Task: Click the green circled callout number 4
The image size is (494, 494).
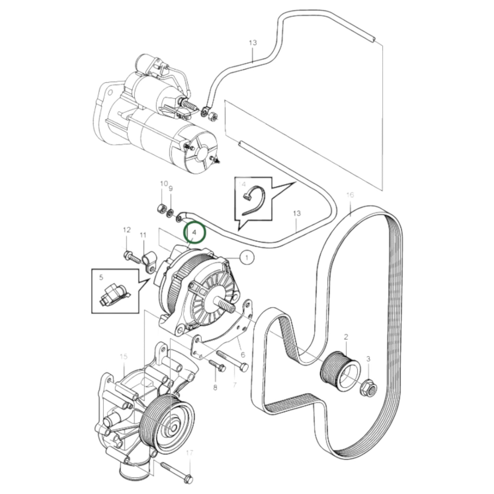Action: click(x=194, y=232)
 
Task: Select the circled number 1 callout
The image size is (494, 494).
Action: click(x=247, y=257)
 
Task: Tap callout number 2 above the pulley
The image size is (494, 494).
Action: click(x=346, y=337)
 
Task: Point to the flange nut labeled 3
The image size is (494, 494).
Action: click(x=369, y=389)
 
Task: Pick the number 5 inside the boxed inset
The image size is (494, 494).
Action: click(x=101, y=277)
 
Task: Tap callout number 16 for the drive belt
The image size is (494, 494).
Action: click(x=350, y=195)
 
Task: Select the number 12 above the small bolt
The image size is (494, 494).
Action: click(x=127, y=230)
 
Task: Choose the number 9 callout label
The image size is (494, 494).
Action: click(x=171, y=188)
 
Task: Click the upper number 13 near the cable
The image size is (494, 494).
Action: click(x=253, y=43)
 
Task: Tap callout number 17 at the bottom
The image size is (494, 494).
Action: click(x=190, y=453)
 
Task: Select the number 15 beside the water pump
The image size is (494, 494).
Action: click(x=123, y=357)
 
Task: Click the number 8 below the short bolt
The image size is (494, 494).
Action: click(x=215, y=388)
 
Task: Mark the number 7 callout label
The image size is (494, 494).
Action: click(x=235, y=385)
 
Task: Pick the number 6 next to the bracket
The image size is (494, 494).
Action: click(x=243, y=355)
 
